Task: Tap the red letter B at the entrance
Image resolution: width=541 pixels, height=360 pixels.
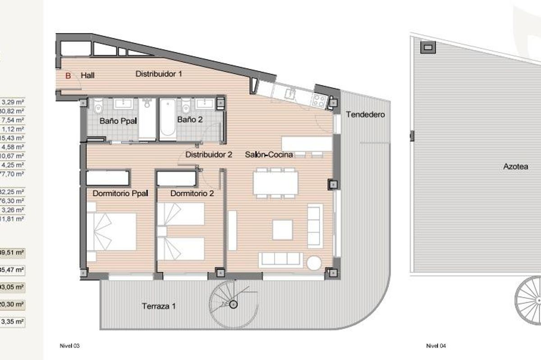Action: pyautogui.click(x=69, y=76)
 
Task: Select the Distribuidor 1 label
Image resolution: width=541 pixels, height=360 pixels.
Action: pyautogui.click(x=159, y=73)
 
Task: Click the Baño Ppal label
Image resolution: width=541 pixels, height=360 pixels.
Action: pyautogui.click(x=118, y=120)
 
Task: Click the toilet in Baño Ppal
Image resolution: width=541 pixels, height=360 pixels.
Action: pyautogui.click(x=98, y=106)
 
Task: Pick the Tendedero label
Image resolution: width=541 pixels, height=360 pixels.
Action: pyautogui.click(x=365, y=114)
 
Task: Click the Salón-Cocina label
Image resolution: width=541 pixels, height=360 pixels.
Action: pyautogui.click(x=269, y=155)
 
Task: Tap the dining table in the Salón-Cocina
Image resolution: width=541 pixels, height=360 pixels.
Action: pyautogui.click(x=275, y=183)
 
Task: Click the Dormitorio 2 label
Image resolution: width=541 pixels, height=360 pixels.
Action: pyautogui.click(x=192, y=194)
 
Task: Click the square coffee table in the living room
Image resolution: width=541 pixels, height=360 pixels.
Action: pyautogui.click(x=282, y=229)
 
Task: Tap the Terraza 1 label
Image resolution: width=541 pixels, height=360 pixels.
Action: pyautogui.click(x=159, y=306)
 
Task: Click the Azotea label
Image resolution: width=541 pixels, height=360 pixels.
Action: pyautogui.click(x=515, y=166)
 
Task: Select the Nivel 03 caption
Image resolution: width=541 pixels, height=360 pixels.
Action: pyautogui.click(x=69, y=346)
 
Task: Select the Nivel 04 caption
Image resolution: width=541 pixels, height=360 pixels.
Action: pyautogui.click(x=436, y=346)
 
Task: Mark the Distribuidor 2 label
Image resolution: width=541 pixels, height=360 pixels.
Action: pyautogui.click(x=209, y=155)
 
